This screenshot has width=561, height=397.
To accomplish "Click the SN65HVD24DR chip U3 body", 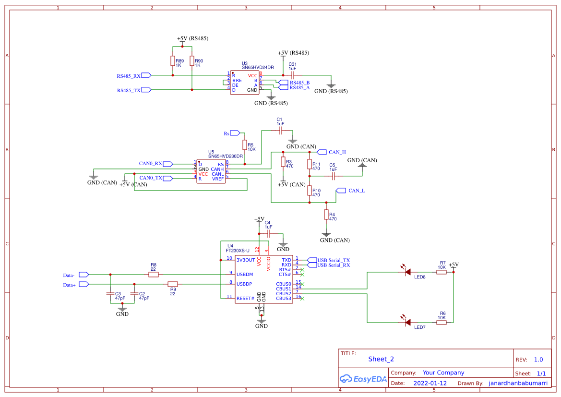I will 245,83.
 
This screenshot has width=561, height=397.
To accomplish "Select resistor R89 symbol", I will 172,61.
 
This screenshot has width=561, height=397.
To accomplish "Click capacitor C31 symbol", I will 292,75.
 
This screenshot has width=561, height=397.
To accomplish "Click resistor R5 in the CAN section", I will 244,145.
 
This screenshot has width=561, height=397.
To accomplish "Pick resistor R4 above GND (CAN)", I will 326,214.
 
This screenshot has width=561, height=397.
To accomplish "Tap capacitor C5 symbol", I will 333,176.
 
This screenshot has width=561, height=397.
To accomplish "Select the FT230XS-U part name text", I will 238,251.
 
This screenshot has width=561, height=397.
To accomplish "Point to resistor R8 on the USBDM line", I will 154,275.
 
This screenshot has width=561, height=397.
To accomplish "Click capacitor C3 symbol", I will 110,294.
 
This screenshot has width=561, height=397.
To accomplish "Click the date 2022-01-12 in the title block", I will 430,384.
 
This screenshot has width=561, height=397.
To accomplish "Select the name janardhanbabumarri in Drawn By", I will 517,384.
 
